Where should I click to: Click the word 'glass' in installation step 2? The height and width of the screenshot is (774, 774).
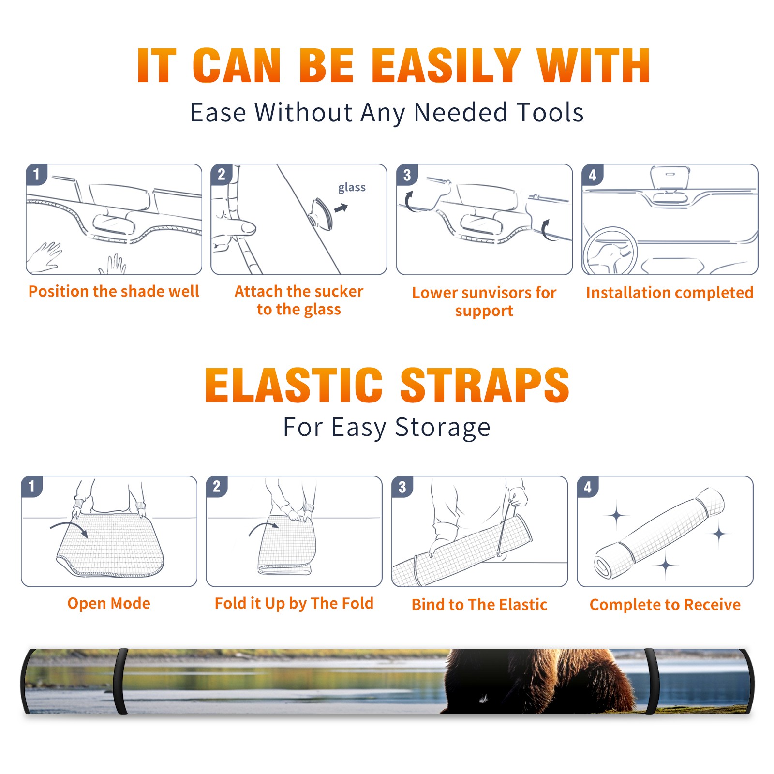(352, 188)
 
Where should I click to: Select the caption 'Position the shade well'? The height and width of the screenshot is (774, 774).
(114, 291)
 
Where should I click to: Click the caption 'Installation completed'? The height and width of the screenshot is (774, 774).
(670, 292)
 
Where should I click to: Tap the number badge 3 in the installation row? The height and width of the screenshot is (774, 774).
(407, 175)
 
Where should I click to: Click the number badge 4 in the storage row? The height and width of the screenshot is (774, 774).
(588, 487)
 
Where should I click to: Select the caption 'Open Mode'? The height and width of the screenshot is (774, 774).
(109, 603)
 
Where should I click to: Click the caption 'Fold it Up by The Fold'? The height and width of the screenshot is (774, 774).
(294, 603)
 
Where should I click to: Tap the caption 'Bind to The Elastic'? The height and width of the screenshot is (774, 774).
(479, 604)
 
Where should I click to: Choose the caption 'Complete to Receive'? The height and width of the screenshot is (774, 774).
(665, 604)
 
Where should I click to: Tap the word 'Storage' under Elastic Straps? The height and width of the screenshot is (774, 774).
(443, 428)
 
